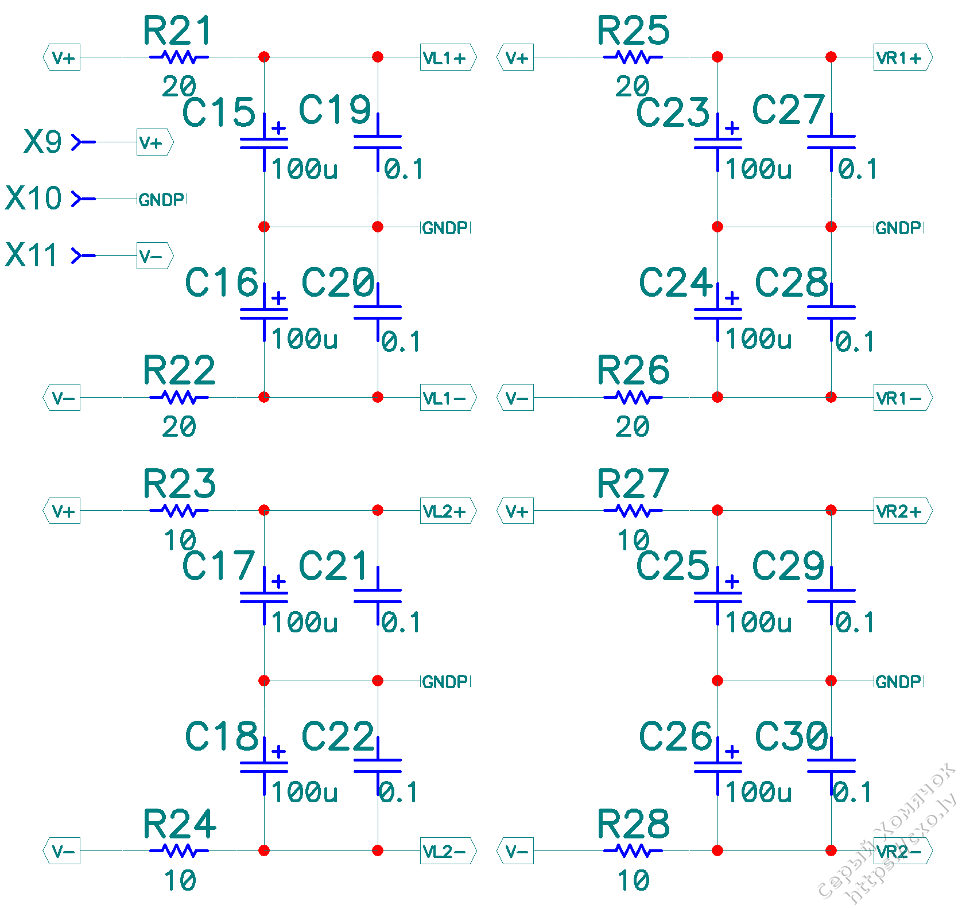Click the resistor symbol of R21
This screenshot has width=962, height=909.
pos(179,57)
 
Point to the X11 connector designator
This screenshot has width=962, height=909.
pos(32,255)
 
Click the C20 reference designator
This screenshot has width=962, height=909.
pos(338,282)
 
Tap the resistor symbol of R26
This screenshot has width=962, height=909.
pos(633,397)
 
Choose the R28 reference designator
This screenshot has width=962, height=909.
pos(633,824)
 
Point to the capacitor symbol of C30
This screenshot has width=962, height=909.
pos(831,766)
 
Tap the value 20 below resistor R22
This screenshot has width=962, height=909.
pos(179,426)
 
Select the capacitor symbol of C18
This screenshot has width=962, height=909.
pos(264,767)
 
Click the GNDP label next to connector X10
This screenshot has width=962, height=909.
pos(162,200)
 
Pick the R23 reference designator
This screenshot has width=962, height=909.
pos(179,484)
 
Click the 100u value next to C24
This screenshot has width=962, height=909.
pos(758,339)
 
